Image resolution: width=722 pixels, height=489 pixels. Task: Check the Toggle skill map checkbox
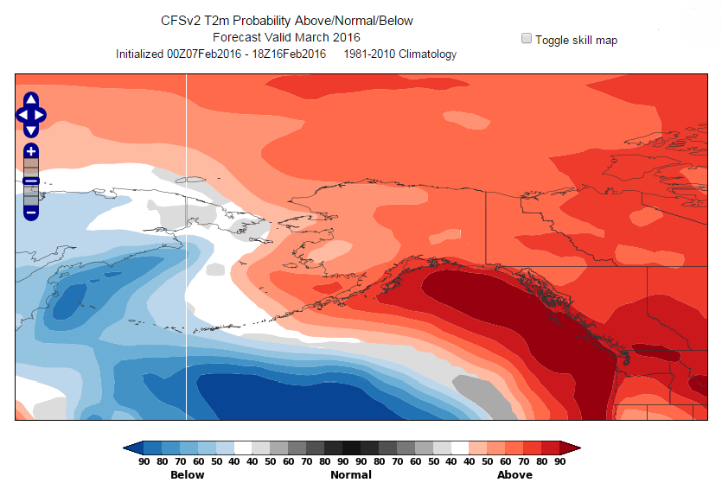tap(527, 39)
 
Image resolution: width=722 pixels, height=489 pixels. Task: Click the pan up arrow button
tap(31, 99)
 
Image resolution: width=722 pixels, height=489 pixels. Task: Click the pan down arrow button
tap(31, 130)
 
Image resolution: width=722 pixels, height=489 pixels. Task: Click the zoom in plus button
tap(31, 151)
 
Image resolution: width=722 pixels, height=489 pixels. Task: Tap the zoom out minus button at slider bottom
tap(31, 212)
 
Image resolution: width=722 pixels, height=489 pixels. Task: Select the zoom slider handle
tap(31, 181)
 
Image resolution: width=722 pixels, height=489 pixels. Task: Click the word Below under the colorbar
tap(188, 474)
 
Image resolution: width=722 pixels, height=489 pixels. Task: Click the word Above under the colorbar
tap(514, 474)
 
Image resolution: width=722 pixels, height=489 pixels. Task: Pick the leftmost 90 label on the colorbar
tap(144, 462)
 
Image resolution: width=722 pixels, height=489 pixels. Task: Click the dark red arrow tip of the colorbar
tap(572, 448)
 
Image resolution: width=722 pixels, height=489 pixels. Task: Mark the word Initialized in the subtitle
tap(140, 54)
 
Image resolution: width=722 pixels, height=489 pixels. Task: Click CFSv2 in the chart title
tap(180, 20)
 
